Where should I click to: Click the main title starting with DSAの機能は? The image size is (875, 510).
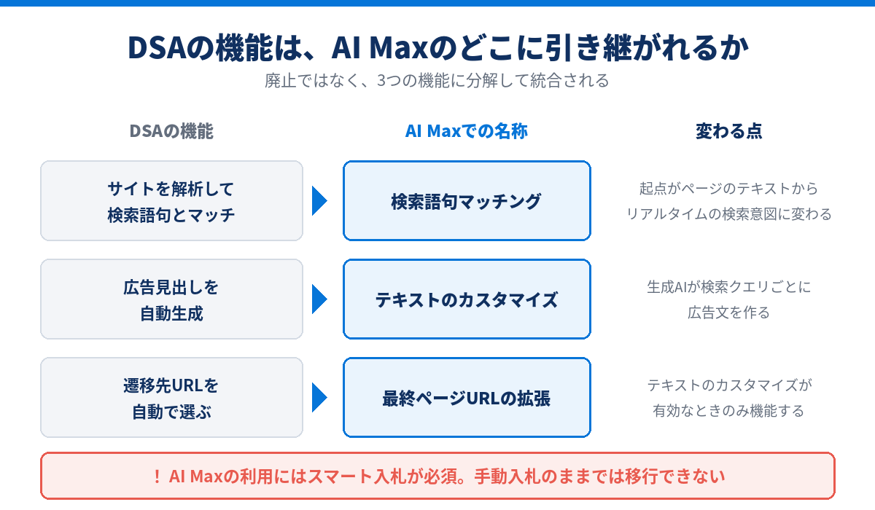(x=438, y=47)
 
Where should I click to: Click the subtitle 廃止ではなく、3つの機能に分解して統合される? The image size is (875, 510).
(x=437, y=81)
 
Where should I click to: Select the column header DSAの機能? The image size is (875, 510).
(x=171, y=131)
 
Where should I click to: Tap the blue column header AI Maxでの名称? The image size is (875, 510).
(x=467, y=131)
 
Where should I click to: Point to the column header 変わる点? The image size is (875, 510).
(x=729, y=131)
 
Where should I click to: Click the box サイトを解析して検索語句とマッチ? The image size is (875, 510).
(x=172, y=200)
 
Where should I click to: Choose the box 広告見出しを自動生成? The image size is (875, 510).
(x=172, y=299)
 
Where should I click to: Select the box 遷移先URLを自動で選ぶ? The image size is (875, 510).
(x=172, y=398)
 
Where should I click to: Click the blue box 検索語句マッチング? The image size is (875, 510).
(x=467, y=200)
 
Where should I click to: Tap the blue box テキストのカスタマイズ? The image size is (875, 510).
(x=467, y=299)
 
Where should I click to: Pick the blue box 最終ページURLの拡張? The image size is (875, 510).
(x=467, y=398)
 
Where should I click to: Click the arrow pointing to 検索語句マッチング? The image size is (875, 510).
(x=319, y=201)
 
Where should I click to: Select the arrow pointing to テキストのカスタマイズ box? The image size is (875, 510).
(x=319, y=299)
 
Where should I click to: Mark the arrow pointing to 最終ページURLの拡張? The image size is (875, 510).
(x=319, y=398)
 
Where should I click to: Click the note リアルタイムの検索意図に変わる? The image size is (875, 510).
(x=729, y=214)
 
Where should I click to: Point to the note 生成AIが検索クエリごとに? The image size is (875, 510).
(x=729, y=287)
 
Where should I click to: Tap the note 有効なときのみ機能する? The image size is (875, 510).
(x=729, y=411)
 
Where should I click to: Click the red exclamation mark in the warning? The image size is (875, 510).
(x=157, y=476)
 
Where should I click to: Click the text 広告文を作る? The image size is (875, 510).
(x=729, y=313)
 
